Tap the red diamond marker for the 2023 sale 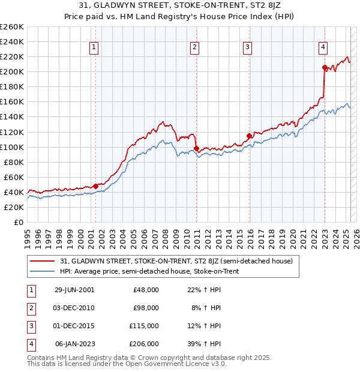(x=325, y=67)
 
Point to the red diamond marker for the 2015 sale (x=249, y=136)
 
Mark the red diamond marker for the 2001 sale (x=95, y=186)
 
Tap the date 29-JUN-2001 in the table (x=74, y=290)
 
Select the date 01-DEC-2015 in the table (x=74, y=326)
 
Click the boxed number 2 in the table (x=30, y=308)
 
